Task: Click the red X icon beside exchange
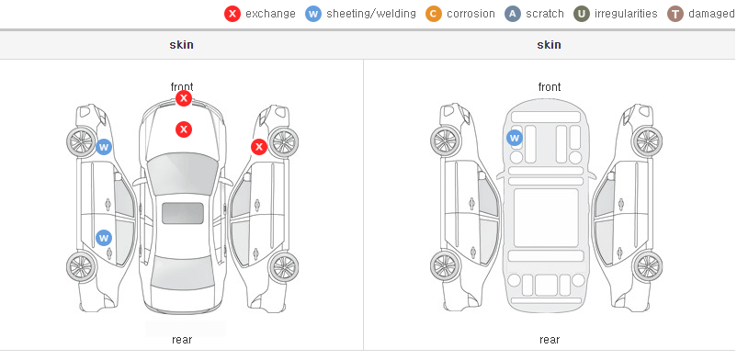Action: pyautogui.click(x=232, y=14)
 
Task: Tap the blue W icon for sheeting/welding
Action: pyautogui.click(x=313, y=14)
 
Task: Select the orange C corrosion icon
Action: pyautogui.click(x=434, y=14)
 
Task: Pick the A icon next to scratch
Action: pyautogui.click(x=513, y=14)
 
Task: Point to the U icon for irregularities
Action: pyautogui.click(x=582, y=14)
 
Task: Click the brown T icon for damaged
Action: pyautogui.click(x=675, y=14)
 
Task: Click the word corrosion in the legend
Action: pyautogui.click(x=471, y=14)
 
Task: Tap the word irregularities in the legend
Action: pyautogui.click(x=626, y=14)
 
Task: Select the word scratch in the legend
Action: pyautogui.click(x=545, y=14)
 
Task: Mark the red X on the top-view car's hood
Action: pyautogui.click(x=184, y=129)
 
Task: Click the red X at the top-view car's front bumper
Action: pyautogui.click(x=184, y=98)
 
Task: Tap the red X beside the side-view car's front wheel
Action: pyautogui.click(x=259, y=147)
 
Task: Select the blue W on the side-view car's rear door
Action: pyautogui.click(x=104, y=238)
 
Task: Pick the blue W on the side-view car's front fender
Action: pyautogui.click(x=104, y=147)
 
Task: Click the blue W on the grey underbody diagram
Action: pyautogui.click(x=515, y=138)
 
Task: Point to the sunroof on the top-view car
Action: pyautogui.click(x=183, y=213)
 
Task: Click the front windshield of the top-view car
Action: pyautogui.click(x=183, y=172)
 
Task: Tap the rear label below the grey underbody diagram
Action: pyautogui.click(x=550, y=340)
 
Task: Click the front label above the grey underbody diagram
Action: pyautogui.click(x=550, y=87)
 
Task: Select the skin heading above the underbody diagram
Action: pyautogui.click(x=549, y=45)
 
